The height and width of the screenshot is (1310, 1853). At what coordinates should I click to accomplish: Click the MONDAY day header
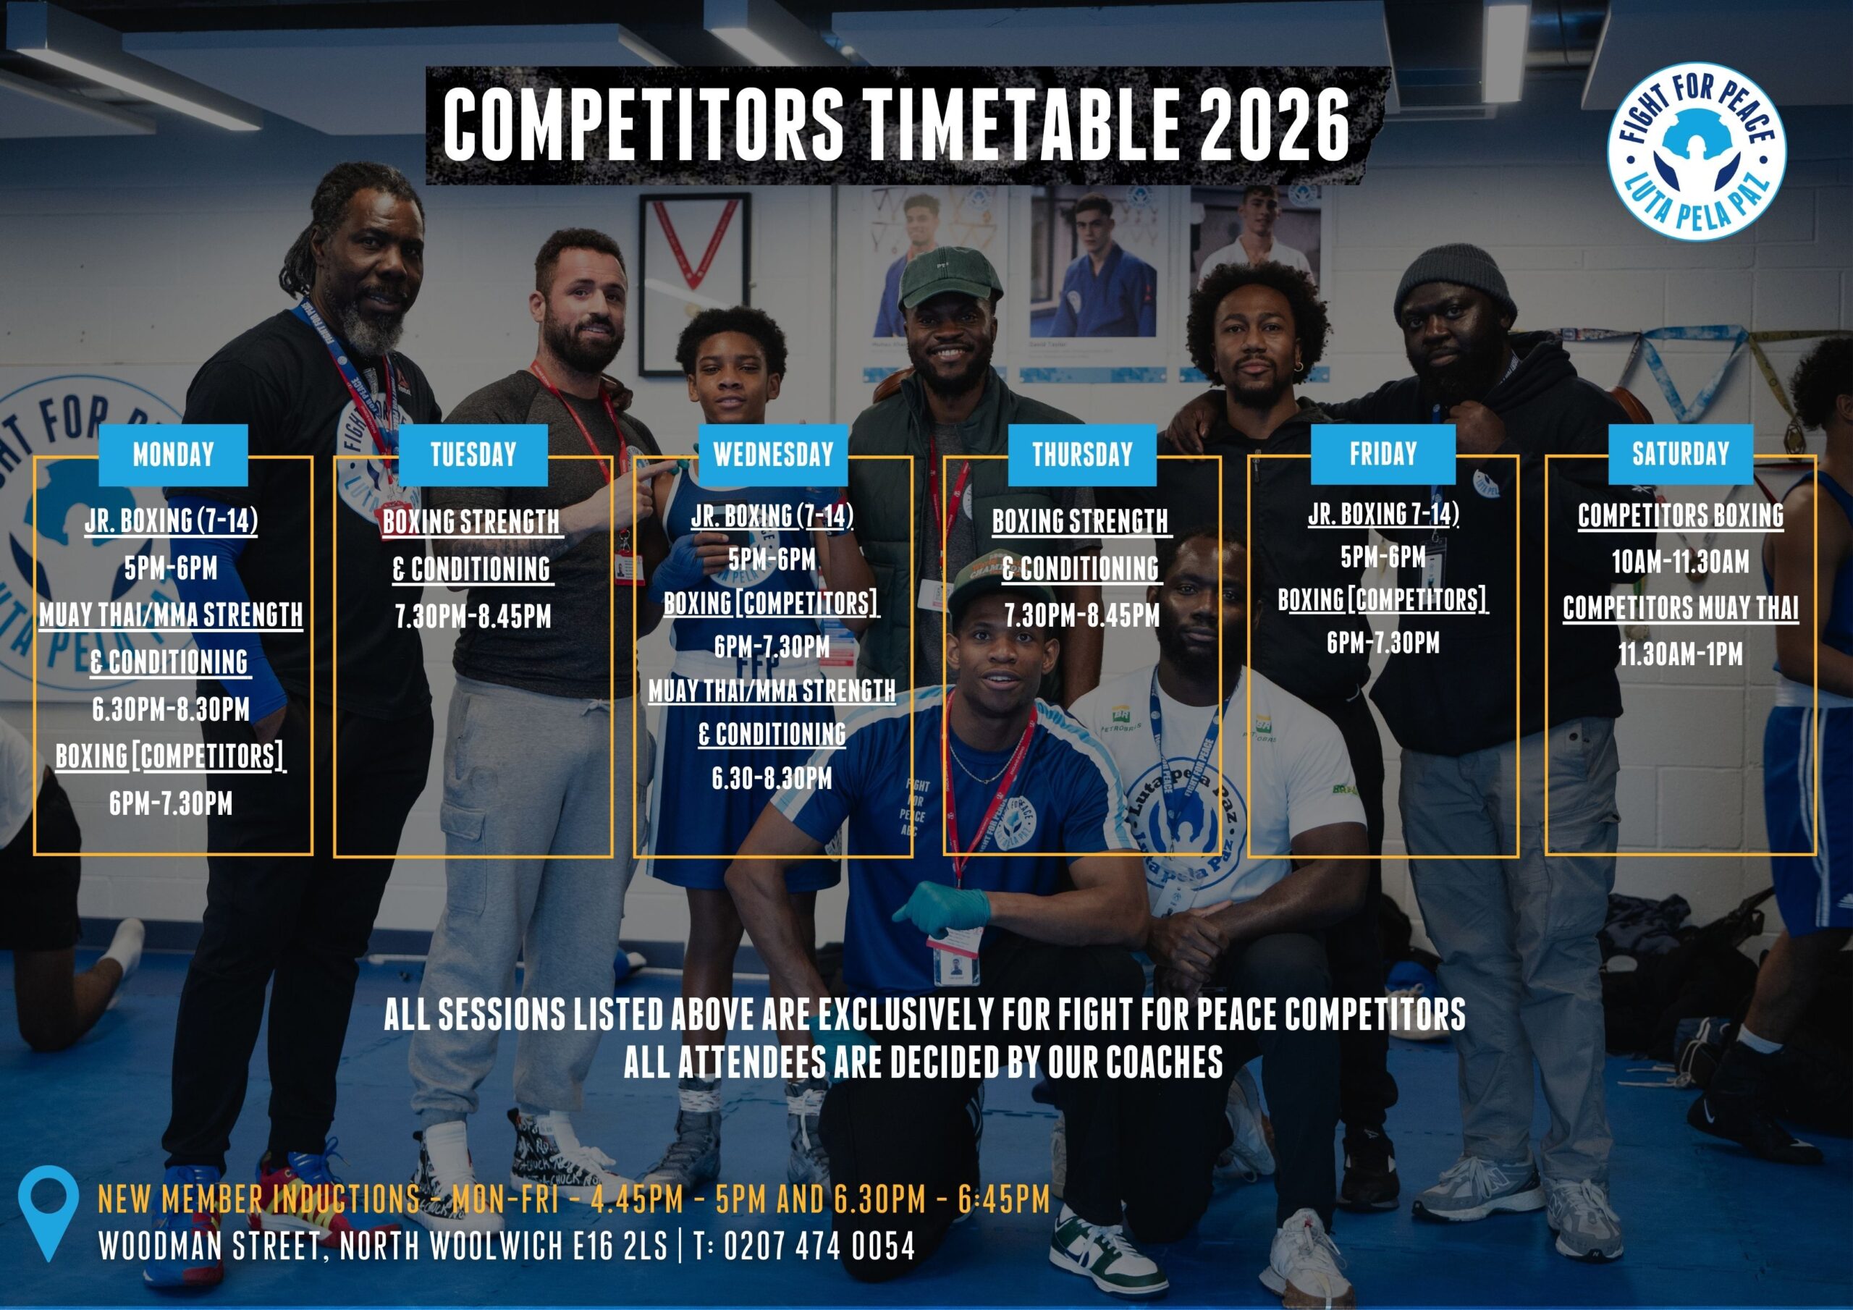(174, 455)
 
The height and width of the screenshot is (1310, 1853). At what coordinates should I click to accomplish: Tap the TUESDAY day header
(473, 455)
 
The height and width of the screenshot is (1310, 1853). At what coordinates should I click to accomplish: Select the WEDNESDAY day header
(773, 455)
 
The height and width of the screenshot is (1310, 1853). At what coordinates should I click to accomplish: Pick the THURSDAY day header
(1082, 455)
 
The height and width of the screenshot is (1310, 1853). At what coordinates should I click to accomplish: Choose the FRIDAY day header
(1383, 455)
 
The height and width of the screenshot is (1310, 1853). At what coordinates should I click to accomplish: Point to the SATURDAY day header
(1681, 455)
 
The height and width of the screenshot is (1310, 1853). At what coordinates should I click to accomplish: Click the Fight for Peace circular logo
(1697, 151)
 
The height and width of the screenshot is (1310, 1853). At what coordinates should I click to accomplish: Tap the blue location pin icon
(48, 1214)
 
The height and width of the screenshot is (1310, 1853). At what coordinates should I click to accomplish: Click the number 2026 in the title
(1275, 125)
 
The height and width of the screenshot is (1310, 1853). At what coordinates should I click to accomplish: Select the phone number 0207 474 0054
(819, 1246)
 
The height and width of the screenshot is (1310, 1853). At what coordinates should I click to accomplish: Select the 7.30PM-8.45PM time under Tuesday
(473, 617)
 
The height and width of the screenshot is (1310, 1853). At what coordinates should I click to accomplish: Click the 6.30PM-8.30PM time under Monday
(171, 709)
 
